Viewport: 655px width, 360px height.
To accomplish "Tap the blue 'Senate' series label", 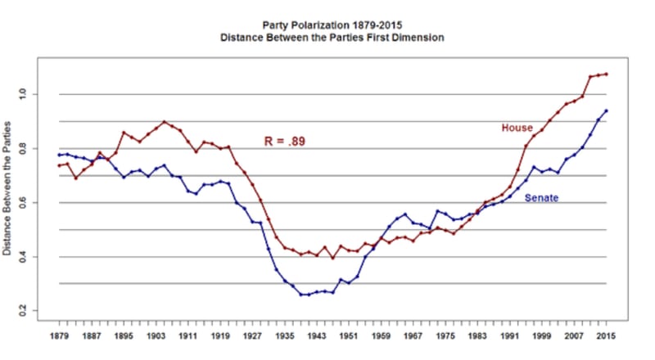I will (x=541, y=197).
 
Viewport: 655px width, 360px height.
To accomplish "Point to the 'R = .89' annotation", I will (x=285, y=141).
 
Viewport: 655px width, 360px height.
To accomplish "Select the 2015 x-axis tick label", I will (x=606, y=336).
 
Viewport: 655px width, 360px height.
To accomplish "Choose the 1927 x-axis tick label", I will (x=252, y=336).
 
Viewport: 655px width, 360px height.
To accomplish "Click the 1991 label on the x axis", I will (x=509, y=336).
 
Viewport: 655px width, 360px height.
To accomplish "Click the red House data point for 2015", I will (x=606, y=74).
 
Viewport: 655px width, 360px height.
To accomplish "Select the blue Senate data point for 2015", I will (x=606, y=110).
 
